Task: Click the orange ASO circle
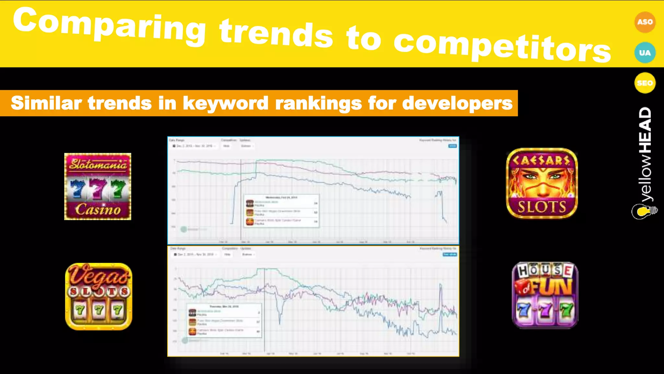[645, 22]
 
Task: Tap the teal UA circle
[645, 53]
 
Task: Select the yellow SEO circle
[645, 83]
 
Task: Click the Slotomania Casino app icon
[98, 186]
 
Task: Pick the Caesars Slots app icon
[542, 183]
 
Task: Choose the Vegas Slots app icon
[99, 296]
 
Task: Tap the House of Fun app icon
[545, 295]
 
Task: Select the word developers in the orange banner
[457, 103]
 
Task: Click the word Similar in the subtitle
[46, 103]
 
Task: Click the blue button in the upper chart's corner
[452, 146]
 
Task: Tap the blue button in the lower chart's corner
[450, 255]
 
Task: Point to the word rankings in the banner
[318, 103]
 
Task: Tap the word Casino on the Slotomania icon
[98, 210]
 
